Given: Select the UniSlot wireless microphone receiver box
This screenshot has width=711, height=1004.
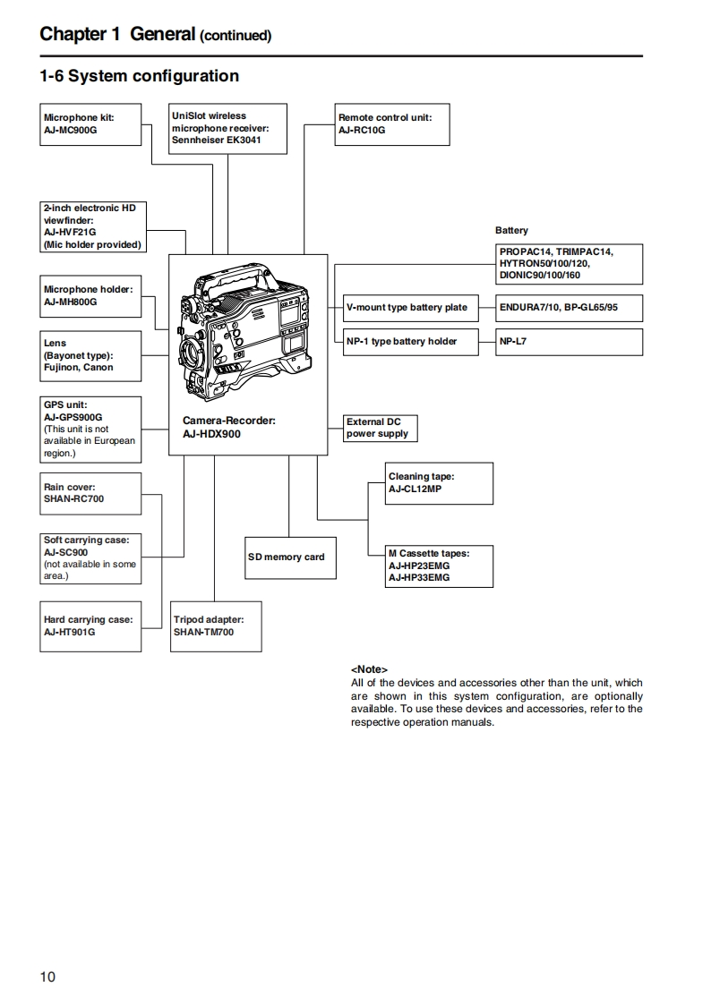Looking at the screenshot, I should tap(228, 128).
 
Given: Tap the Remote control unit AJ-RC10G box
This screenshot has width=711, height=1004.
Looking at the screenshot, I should tap(390, 123).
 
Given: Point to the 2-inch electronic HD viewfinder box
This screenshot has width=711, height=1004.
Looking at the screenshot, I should tap(93, 226).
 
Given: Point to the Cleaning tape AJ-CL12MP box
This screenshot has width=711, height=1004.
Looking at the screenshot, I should tap(439, 483).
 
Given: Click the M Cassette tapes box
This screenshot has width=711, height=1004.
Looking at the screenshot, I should tap(439, 566).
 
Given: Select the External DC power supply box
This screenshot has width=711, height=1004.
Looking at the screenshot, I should tap(381, 428).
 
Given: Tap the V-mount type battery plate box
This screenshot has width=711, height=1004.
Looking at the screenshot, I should tap(407, 308).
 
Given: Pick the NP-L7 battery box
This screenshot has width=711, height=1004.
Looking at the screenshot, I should tap(570, 341).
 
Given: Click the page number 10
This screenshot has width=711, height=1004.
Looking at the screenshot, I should tap(47, 976).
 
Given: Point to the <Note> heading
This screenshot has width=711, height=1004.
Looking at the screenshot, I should tap(369, 669).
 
